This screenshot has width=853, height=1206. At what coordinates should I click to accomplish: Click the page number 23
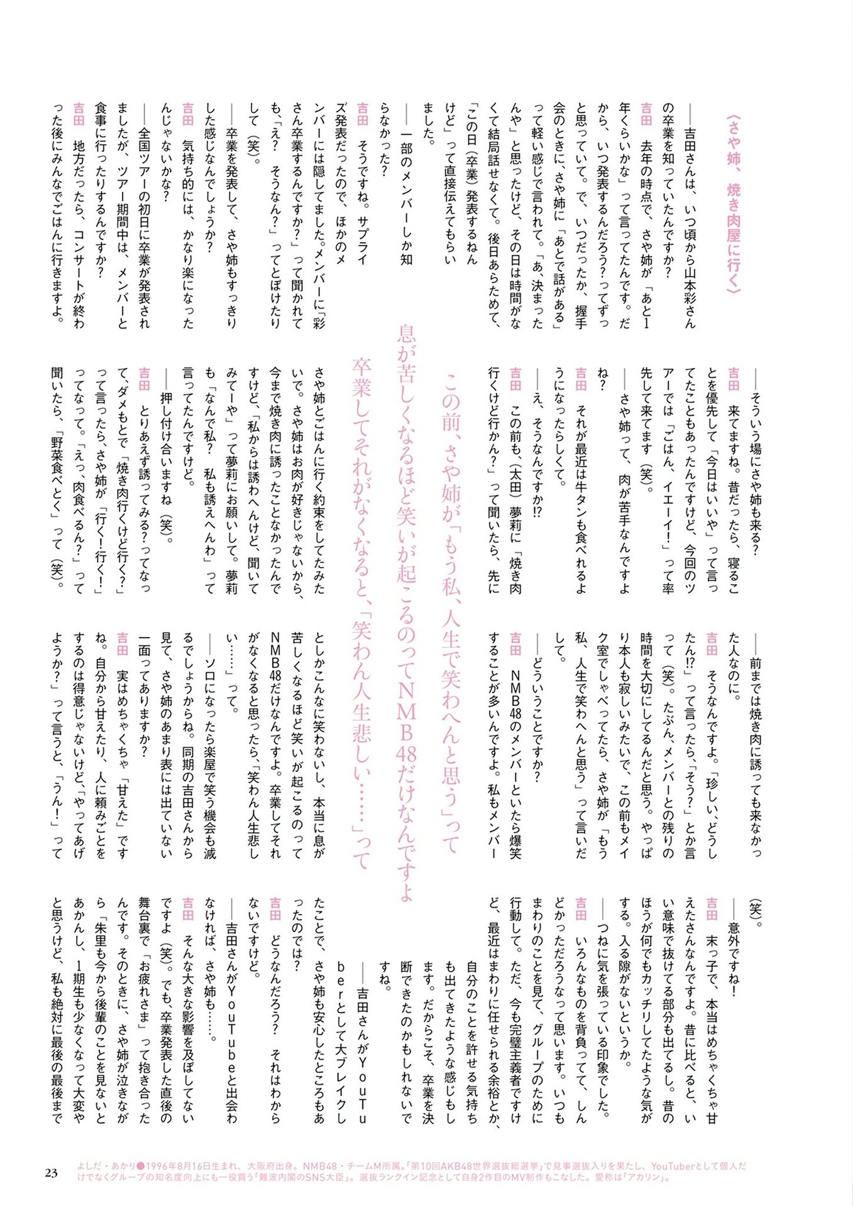pyautogui.click(x=52, y=1173)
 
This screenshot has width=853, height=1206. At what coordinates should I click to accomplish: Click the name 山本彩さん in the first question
pyautogui.click(x=690, y=295)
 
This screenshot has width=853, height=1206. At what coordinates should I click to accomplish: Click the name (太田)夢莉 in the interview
pyautogui.click(x=515, y=496)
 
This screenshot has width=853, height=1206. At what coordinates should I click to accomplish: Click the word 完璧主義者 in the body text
pyautogui.click(x=516, y=1074)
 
